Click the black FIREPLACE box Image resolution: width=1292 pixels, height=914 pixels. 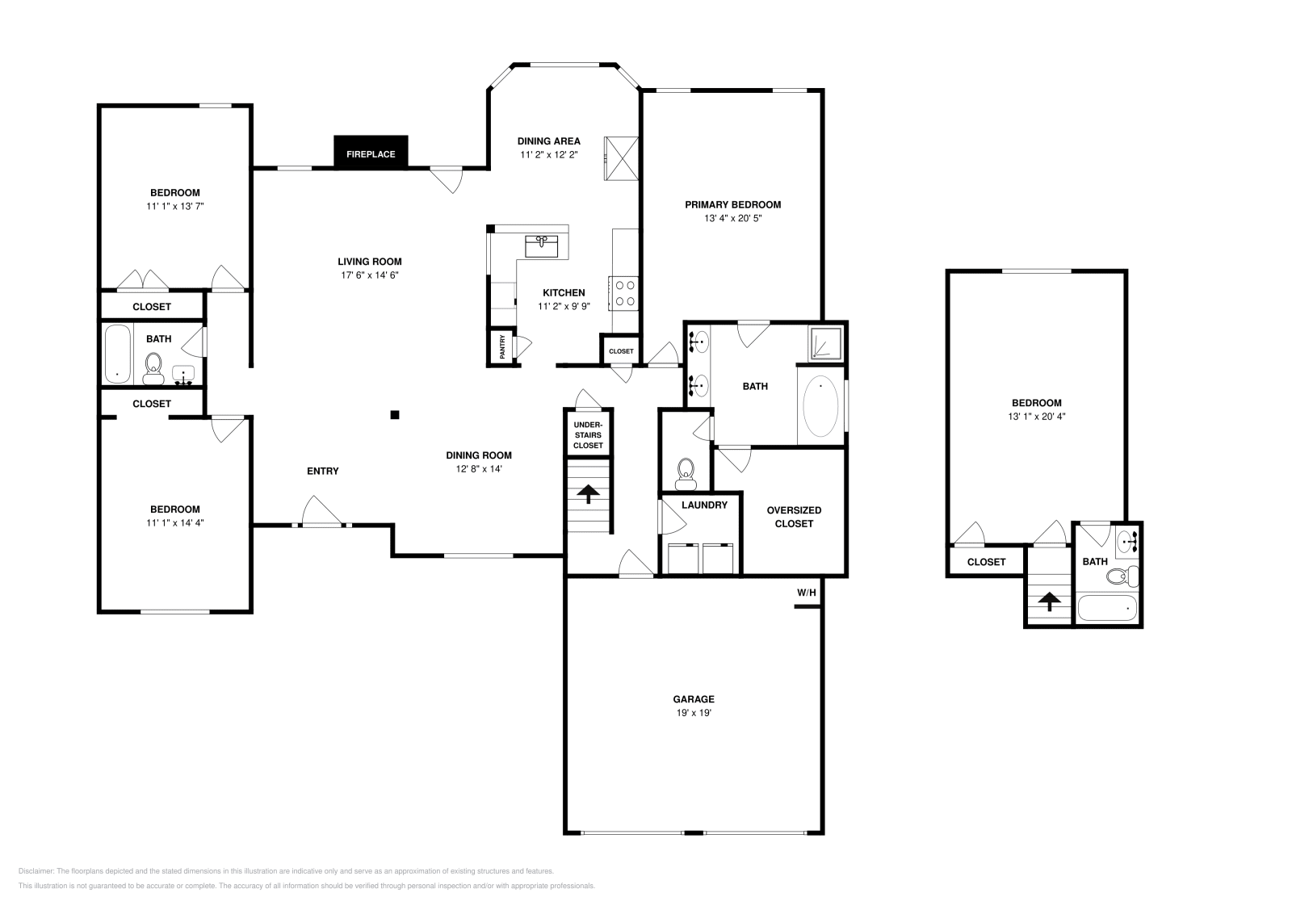[x=371, y=153]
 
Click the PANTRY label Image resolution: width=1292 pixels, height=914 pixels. [x=502, y=346]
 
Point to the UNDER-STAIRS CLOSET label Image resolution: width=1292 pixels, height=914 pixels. [x=588, y=435]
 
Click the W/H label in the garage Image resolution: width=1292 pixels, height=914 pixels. [x=807, y=593]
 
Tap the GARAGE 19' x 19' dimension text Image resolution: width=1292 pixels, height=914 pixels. [x=694, y=714]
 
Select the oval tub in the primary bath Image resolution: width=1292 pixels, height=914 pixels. [x=821, y=406]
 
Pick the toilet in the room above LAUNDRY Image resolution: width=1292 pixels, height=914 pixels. [x=686, y=472]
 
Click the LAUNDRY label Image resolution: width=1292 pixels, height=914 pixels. [x=704, y=505]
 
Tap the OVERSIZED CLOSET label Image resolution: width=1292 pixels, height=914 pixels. [x=794, y=517]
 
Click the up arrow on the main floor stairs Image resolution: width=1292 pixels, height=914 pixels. [x=587, y=493]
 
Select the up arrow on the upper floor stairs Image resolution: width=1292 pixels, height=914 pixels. [x=1049, y=601]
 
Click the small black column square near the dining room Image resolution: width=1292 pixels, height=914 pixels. [x=395, y=415]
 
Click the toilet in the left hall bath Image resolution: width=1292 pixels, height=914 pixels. [x=153, y=368]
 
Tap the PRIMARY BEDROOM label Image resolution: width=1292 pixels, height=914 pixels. [x=732, y=205]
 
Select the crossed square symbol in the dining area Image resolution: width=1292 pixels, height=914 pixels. [x=623, y=159]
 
